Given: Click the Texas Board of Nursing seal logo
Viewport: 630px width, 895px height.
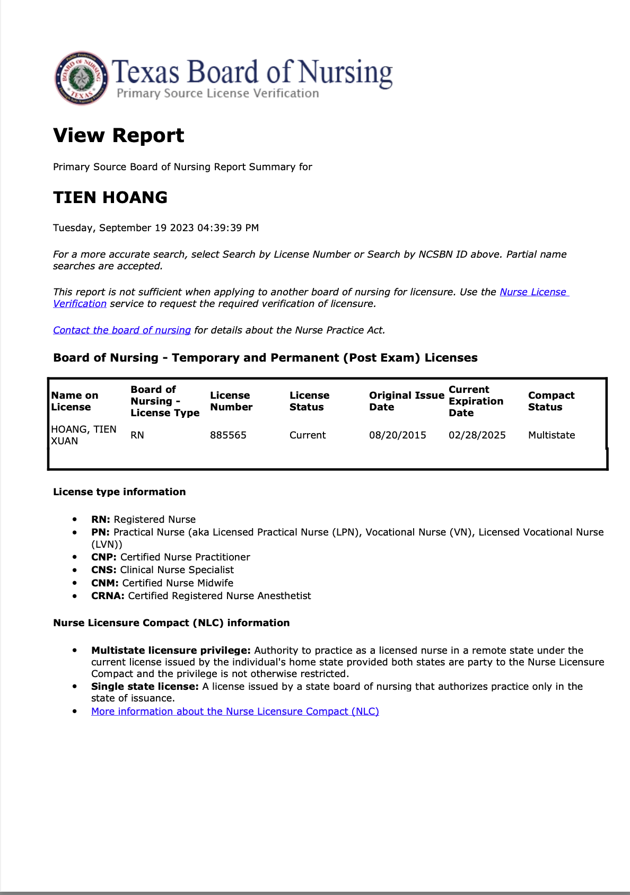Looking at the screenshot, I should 81,78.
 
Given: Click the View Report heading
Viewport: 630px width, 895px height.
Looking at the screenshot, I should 118,136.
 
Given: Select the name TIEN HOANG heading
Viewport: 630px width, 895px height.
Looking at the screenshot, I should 110,197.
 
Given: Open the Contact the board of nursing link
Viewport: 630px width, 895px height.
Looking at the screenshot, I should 122,330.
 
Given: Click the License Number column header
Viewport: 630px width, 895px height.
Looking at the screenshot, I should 231,401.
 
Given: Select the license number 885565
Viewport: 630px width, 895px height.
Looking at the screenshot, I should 228,435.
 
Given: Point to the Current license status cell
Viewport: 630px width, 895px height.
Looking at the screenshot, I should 308,435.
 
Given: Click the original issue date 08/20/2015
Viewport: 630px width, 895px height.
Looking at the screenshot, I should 398,435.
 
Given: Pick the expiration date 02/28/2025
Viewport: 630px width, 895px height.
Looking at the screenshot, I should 477,435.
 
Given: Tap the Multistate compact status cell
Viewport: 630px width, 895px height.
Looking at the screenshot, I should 552,435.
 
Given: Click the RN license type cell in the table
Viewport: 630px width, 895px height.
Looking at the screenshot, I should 137,435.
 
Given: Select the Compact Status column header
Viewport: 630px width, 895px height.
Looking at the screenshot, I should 551,401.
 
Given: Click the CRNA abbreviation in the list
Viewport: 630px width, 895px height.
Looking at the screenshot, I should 108,596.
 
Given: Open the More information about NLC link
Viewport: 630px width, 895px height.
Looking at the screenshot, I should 235,712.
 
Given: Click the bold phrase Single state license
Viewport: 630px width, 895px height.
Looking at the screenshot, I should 145,687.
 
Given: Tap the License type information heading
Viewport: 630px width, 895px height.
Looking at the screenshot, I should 119,492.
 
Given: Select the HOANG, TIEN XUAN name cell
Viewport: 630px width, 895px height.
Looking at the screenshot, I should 83,435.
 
